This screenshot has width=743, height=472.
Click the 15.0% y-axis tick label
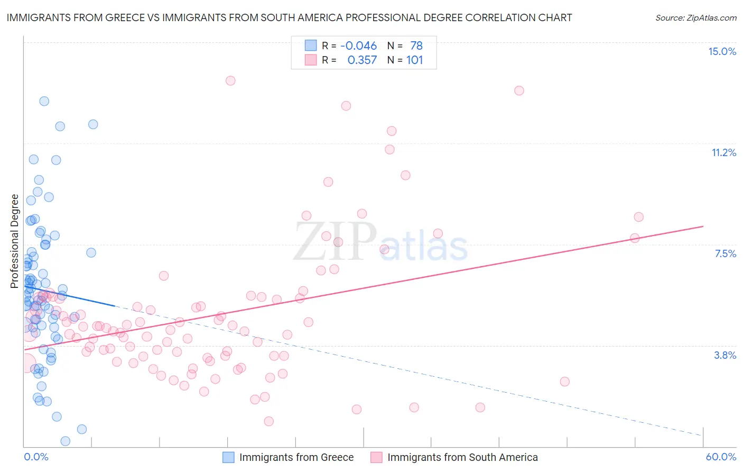tap(722, 51)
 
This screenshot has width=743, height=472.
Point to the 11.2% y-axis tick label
tap(723, 152)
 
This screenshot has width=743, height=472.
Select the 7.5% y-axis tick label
tap(725, 253)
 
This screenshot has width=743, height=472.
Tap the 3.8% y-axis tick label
tap(725, 355)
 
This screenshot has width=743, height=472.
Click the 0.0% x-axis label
tap(36, 457)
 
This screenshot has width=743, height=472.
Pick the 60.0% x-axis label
tap(721, 457)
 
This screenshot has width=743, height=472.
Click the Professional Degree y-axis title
tap(14, 241)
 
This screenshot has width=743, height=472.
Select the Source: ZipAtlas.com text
tap(695, 17)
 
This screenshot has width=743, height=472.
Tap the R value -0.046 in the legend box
tap(358, 46)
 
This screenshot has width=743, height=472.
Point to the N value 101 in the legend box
tap(414, 60)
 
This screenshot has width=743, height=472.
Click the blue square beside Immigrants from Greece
tap(228, 457)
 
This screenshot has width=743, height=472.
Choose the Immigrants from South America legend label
tap(462, 457)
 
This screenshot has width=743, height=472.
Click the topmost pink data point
tap(230, 80)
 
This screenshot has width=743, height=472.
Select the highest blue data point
tap(44, 101)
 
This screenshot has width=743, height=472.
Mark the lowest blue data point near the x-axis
tap(66, 441)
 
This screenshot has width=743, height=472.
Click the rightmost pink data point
tap(638, 217)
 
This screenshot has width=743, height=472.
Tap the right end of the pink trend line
tap(703, 226)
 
